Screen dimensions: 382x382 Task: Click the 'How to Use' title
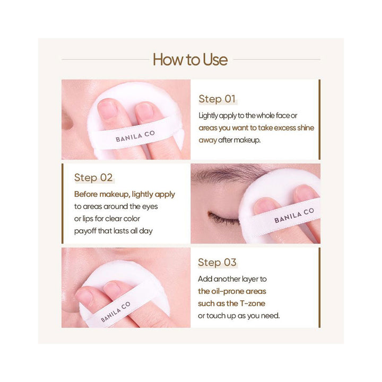tap(190, 59)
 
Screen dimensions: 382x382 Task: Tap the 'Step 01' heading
tap(216, 99)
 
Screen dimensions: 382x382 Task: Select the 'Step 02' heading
tap(93, 178)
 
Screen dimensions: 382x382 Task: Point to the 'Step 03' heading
tap(216, 263)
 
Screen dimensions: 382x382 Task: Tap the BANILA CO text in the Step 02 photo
tap(294, 215)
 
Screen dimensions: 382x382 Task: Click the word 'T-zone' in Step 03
tap(254, 303)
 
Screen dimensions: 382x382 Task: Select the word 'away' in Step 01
tap(208, 140)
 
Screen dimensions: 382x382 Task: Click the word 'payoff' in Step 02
tap(85, 231)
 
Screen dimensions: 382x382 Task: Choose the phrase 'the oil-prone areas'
tap(232, 291)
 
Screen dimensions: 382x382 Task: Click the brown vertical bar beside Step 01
tap(319, 119)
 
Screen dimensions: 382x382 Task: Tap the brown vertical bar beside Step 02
tap(63, 203)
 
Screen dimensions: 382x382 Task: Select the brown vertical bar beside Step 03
tap(319, 287)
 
